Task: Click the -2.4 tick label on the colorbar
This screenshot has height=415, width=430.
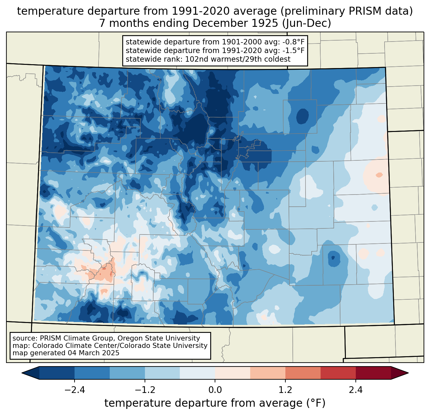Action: point(75,390)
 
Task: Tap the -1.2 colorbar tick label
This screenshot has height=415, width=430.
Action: point(145,390)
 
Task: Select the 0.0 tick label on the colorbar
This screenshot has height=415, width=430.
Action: point(215,390)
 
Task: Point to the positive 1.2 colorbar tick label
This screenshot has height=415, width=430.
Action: point(285,390)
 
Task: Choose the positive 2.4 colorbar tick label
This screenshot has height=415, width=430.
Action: point(355,390)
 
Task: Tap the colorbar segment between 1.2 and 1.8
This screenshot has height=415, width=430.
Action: point(303,373)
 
